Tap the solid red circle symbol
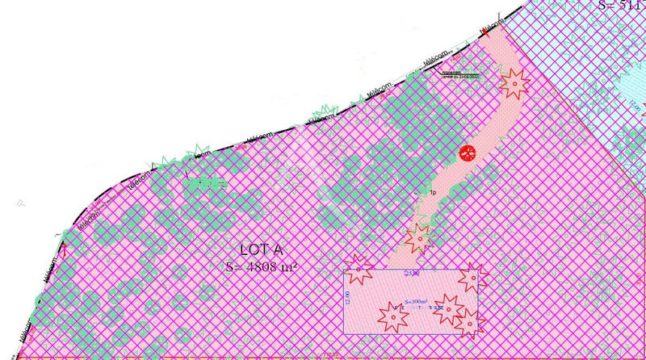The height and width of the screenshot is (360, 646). point(468,153)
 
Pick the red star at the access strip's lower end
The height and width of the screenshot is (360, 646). point(418,237)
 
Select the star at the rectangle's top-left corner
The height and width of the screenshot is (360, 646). point(356,266)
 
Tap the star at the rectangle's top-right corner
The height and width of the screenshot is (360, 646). point(470,277)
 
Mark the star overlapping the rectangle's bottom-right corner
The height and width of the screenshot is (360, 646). point(468,322)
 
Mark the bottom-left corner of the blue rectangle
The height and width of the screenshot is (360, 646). point(345,333)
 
